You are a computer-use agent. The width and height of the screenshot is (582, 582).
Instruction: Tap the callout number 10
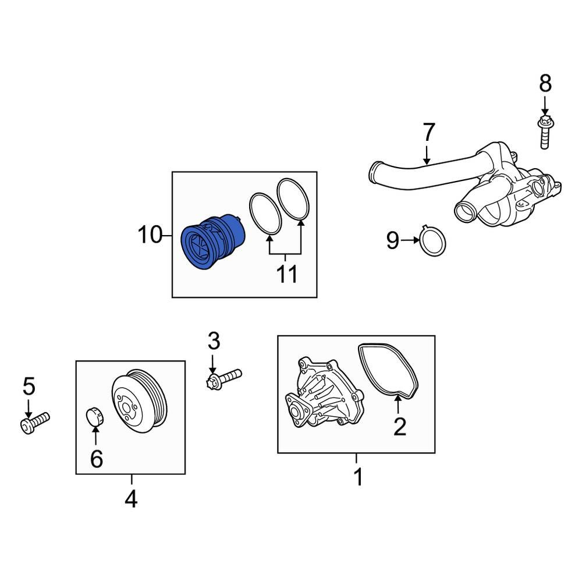[x=150, y=235]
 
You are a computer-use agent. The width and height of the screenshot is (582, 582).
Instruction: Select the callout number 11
[x=286, y=274]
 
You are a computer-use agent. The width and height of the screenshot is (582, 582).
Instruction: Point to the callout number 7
[x=428, y=133]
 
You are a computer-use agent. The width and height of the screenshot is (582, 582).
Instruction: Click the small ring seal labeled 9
[x=433, y=241]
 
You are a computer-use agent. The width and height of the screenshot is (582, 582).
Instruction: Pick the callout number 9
[x=393, y=240]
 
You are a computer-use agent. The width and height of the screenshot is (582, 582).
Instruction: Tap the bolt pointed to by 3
[x=224, y=378]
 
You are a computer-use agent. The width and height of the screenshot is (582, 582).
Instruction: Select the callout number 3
[x=214, y=340]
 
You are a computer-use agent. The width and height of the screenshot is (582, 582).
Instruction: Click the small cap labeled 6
[x=94, y=417]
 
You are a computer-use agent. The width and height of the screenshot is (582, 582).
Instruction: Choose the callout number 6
[x=96, y=459]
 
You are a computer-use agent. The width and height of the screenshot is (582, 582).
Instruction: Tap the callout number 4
[x=131, y=499]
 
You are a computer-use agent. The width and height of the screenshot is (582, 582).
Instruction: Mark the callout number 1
[x=358, y=477]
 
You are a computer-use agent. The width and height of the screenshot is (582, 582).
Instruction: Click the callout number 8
[x=545, y=84]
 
